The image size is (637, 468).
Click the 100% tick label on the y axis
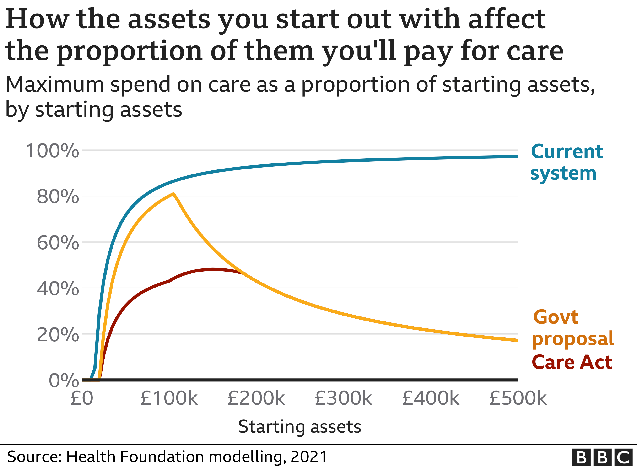click(x=52, y=151)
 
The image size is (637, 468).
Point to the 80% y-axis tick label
click(x=58, y=197)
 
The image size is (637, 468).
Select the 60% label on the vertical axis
click(x=58, y=243)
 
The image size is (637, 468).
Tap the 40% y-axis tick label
click(x=58, y=289)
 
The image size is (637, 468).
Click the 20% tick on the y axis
click(x=58, y=335)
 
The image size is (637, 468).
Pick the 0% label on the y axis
click(x=64, y=381)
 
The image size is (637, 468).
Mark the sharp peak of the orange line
click(x=173, y=194)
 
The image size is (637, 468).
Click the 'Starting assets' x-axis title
click(x=300, y=427)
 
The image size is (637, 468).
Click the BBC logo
click(x=602, y=457)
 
